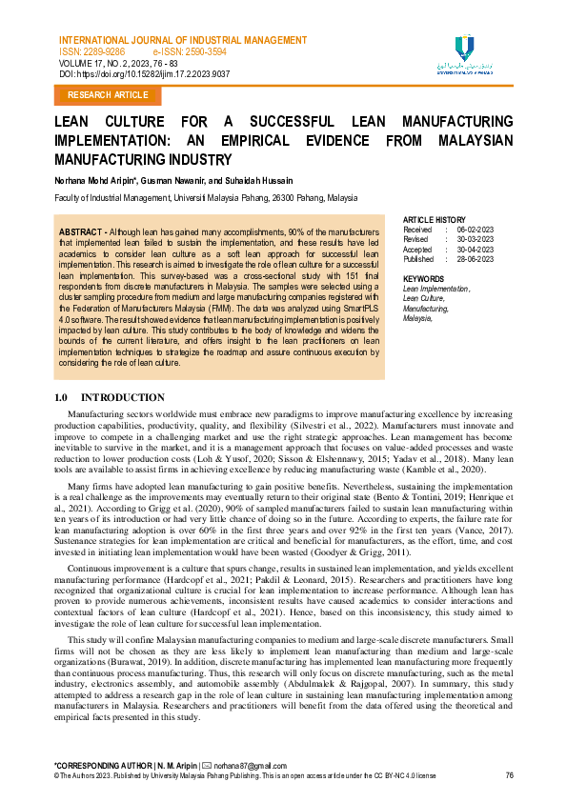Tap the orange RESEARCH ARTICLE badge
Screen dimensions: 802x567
[x=108, y=95]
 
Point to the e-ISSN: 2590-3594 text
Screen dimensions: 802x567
[x=190, y=51]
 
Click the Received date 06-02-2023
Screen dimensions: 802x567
[x=475, y=230]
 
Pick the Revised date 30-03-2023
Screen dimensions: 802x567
[x=475, y=239]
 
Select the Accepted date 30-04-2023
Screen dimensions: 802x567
[x=475, y=249]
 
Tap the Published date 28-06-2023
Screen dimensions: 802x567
[x=475, y=258]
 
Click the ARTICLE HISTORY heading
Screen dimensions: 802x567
[x=434, y=220]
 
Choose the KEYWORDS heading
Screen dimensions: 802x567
[x=423, y=277]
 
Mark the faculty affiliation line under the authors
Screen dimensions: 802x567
[x=205, y=198]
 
